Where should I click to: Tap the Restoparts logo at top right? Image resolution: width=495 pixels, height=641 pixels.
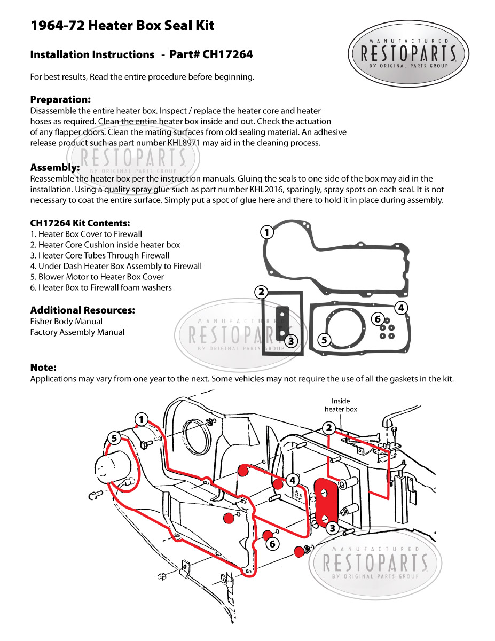point(408,54)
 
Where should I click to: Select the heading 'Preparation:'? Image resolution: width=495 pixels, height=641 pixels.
point(60,100)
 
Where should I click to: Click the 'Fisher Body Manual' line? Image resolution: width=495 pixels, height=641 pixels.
point(66,322)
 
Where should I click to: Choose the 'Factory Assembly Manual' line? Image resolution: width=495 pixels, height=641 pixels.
point(77,332)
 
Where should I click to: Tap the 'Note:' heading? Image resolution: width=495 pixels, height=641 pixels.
point(43,368)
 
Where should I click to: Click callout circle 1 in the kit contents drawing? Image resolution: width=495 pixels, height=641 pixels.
point(266,232)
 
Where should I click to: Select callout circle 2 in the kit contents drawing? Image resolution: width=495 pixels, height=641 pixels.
point(261,292)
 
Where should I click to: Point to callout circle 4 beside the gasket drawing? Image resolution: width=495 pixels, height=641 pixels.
point(401,308)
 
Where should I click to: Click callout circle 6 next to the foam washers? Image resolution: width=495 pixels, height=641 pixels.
point(378,319)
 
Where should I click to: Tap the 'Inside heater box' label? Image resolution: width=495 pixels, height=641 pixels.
point(341,405)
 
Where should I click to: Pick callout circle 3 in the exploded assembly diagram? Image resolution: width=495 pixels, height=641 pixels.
point(333,528)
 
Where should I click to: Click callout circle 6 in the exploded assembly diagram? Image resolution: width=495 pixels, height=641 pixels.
point(272,544)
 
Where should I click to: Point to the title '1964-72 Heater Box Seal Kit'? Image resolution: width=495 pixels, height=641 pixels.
point(122,26)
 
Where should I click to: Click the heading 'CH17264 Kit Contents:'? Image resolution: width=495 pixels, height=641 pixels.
point(80,223)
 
